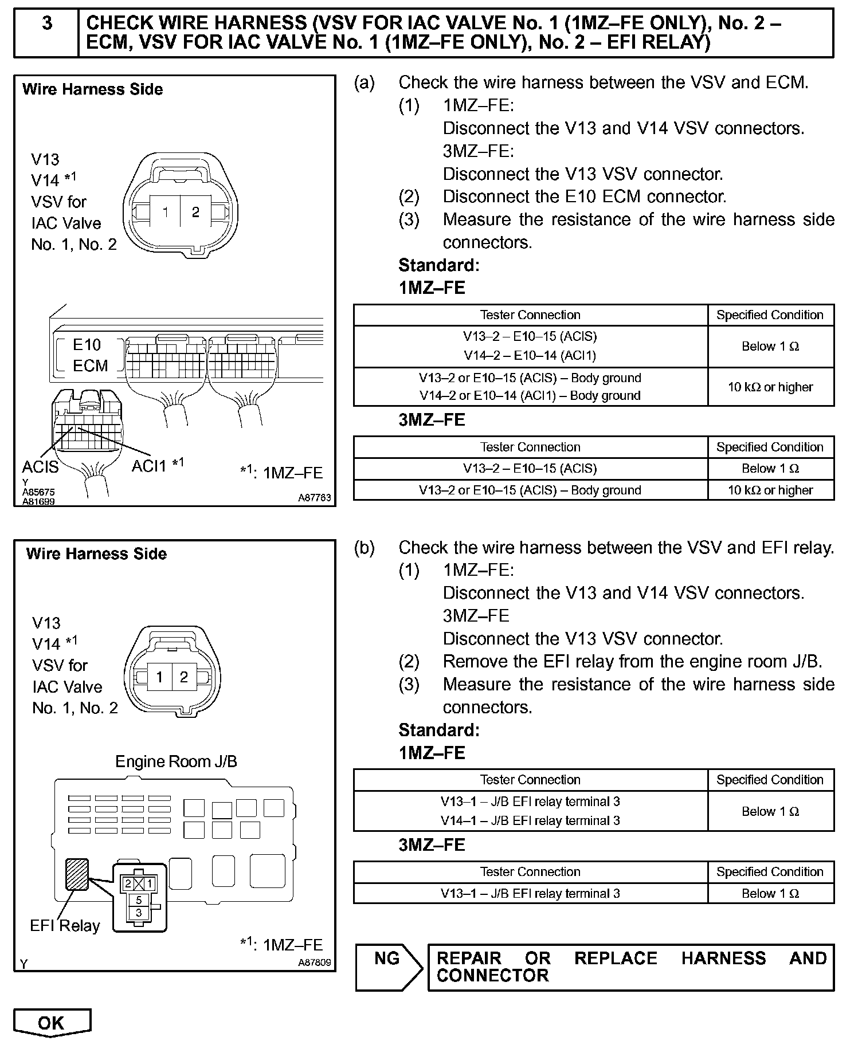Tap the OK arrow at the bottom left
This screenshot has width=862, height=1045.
52,1023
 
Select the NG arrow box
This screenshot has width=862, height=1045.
389,968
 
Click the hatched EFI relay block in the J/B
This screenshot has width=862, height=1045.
77,874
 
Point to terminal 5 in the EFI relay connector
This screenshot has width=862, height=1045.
139,900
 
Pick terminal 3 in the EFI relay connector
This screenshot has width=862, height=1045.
139,913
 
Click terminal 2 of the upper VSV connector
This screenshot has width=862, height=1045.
195,213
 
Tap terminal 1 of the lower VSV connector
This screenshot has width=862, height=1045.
160,677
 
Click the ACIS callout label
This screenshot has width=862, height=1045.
40,467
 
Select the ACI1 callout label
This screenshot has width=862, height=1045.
151,466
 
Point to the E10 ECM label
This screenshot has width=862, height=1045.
89,355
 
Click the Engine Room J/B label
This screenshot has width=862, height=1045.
176,761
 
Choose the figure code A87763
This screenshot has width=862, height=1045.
314,498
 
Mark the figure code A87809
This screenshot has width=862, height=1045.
314,962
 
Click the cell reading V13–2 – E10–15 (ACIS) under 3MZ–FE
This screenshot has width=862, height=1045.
530,469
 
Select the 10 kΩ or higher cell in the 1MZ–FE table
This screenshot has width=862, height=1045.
770,387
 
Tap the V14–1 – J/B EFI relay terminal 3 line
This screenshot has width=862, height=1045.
530,820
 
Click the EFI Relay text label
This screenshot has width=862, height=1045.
65,926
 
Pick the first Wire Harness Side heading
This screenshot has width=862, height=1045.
92,89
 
